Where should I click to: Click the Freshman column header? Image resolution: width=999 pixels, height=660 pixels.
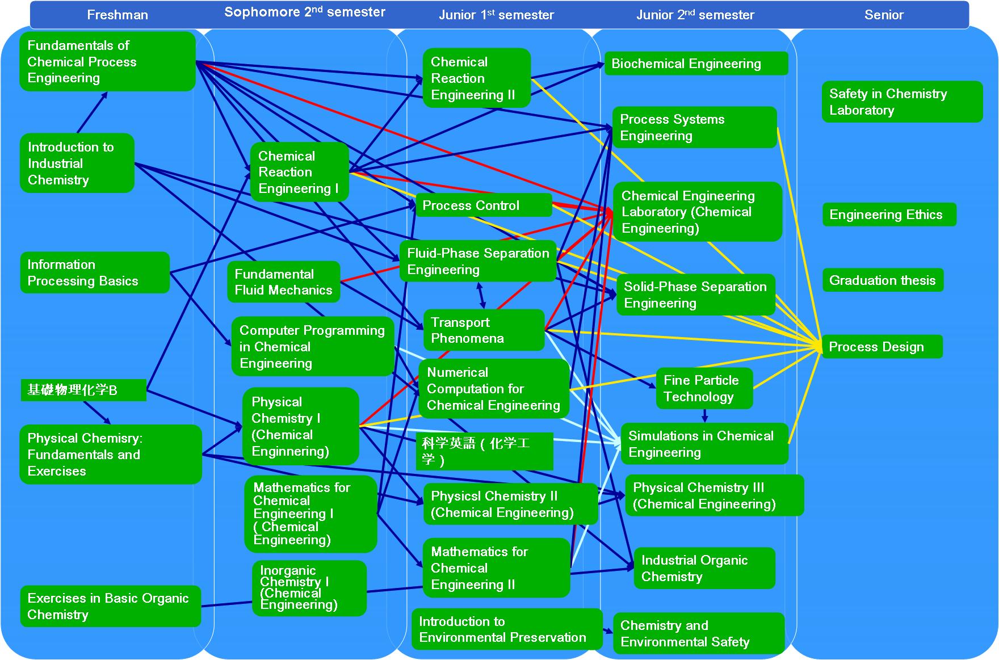117,15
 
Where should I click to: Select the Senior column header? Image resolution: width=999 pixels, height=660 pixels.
883,15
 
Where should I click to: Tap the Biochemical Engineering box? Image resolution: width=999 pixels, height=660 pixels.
696,64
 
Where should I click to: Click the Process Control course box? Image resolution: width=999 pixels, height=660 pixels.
483,205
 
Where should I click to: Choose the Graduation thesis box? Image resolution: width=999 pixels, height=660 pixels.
882,280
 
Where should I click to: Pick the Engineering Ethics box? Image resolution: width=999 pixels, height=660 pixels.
888,215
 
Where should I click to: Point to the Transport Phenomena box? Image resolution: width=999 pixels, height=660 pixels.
483,330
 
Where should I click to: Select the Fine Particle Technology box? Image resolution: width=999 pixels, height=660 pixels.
704,389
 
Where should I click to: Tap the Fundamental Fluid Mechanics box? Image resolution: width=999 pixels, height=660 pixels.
283,282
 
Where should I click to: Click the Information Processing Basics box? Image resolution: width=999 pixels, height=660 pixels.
94,273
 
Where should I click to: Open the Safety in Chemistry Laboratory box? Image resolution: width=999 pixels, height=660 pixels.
901,102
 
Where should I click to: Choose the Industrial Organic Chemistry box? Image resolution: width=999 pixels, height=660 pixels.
704,568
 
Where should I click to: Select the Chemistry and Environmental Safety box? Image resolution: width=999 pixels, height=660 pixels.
698,633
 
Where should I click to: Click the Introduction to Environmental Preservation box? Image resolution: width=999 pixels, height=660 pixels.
506,629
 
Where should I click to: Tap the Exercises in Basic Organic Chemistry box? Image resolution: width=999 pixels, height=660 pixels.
110,606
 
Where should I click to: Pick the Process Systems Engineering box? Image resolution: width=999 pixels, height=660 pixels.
694,128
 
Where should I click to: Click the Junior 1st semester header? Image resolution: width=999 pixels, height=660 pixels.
496,15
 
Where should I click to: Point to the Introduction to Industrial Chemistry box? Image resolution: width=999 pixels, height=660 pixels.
77,163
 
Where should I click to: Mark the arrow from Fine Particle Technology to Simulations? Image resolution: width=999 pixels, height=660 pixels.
704,416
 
